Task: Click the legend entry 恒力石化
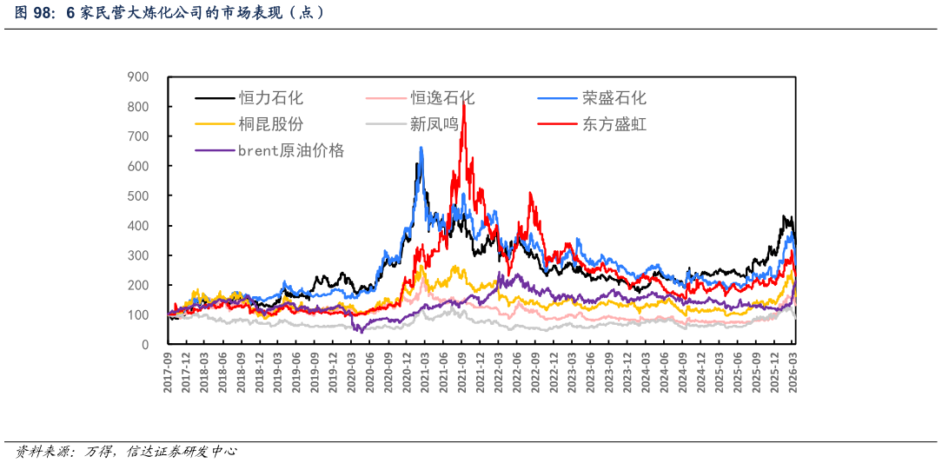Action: pos(271,98)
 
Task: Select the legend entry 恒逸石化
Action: pos(442,98)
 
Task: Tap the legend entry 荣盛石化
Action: pos(614,98)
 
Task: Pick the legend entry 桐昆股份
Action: pos(271,124)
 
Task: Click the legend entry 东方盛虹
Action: pos(614,124)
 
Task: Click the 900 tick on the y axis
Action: pos(138,76)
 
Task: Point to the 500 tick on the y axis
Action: pos(138,195)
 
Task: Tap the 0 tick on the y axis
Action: pos(145,345)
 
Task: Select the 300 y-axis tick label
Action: pos(138,255)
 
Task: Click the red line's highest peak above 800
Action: pos(463,102)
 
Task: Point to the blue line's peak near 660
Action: pos(421,149)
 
